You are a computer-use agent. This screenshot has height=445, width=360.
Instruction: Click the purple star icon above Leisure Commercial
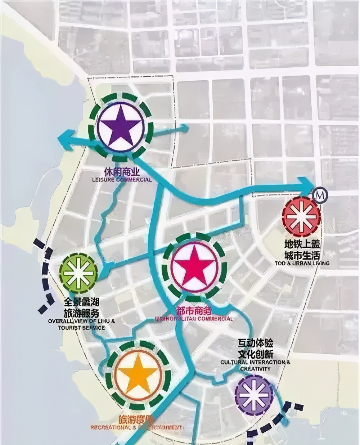click(121, 126)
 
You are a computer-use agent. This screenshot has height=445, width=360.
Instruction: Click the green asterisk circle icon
click(78, 273)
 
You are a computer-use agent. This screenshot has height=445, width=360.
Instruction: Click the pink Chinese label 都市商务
click(193, 310)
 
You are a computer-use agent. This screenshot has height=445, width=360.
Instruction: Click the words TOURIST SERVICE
click(81, 328)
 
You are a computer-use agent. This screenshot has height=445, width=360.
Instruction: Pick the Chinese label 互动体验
click(255, 343)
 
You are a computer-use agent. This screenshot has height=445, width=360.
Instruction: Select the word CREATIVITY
click(255, 369)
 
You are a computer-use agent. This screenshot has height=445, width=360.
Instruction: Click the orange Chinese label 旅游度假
click(136, 420)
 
